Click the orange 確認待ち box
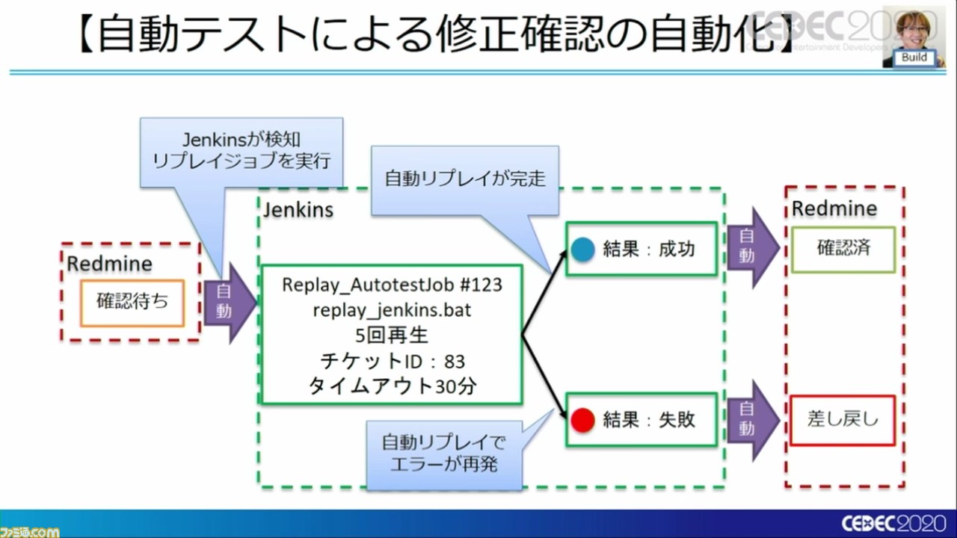click(132, 303)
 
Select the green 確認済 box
click(843, 249)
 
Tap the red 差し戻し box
click(843, 420)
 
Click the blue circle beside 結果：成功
click(582, 250)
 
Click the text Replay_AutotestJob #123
click(391, 285)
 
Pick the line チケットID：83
click(392, 362)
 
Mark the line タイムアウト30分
click(392, 386)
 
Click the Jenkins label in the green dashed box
click(298, 210)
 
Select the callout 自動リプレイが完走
click(465, 179)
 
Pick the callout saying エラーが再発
click(443, 453)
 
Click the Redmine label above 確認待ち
click(109, 264)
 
